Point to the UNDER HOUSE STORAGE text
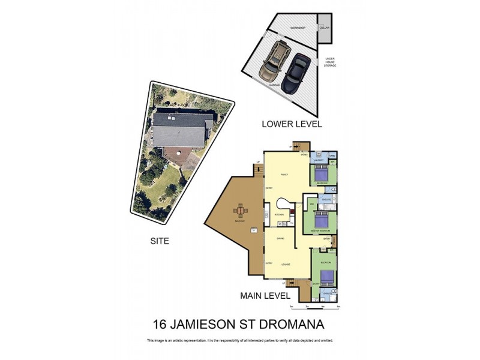tap(330, 62)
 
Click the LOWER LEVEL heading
tap(292, 124)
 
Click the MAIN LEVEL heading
tap(265, 295)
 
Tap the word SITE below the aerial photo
tap(160, 241)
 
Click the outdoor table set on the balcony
tap(241, 211)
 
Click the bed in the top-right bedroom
tap(323, 175)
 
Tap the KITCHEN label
tap(279, 214)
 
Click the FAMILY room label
tap(284, 175)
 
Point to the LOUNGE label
tap(286, 264)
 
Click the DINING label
tap(280, 239)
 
